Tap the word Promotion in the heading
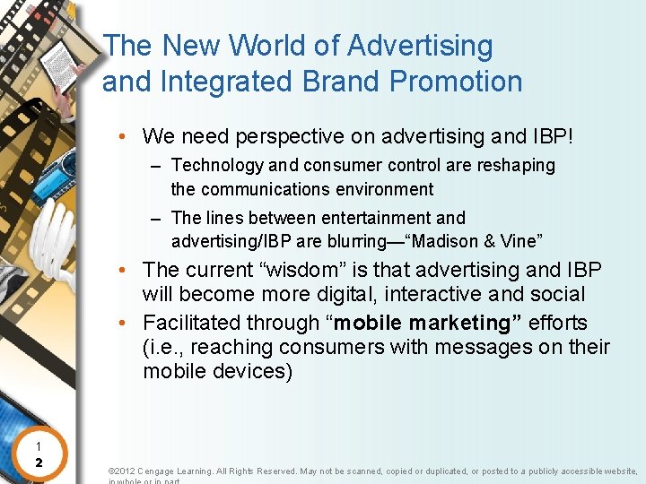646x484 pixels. point(458,82)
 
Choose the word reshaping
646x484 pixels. point(516,166)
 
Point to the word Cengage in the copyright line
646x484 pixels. point(166,471)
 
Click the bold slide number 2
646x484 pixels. point(39,462)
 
